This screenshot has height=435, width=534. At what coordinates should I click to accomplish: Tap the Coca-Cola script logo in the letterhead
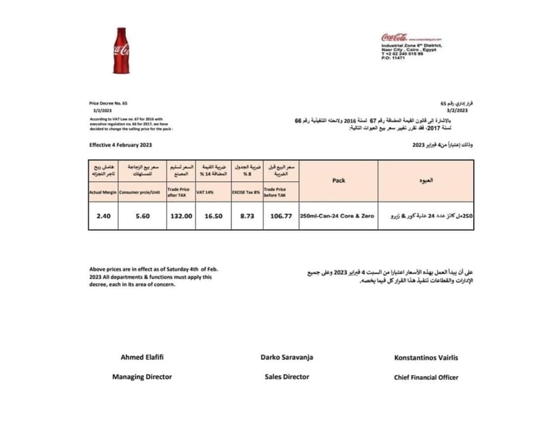[394, 38]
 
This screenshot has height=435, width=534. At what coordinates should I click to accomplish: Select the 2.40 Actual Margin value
[103, 216]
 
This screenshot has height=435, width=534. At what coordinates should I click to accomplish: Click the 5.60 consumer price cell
[142, 216]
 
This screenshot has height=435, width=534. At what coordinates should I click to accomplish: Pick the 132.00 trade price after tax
[181, 216]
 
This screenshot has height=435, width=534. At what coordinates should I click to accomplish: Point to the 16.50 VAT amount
[213, 216]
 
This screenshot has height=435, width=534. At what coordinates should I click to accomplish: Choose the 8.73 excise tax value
[247, 216]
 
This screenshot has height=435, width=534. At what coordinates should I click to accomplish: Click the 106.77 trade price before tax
[281, 216]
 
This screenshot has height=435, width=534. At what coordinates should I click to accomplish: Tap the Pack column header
[339, 181]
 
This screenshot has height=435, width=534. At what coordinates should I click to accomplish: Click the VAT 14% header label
[205, 192]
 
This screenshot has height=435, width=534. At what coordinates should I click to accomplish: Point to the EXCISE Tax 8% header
[246, 192]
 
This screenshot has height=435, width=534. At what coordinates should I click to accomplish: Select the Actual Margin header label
[103, 192]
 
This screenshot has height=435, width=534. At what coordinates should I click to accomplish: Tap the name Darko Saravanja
[287, 357]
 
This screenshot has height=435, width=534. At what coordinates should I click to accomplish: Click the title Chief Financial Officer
[426, 377]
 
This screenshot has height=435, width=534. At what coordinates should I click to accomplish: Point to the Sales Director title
[287, 377]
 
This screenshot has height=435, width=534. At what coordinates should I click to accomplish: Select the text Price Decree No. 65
[108, 103]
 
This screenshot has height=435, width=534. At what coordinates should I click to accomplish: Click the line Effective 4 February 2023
[120, 145]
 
